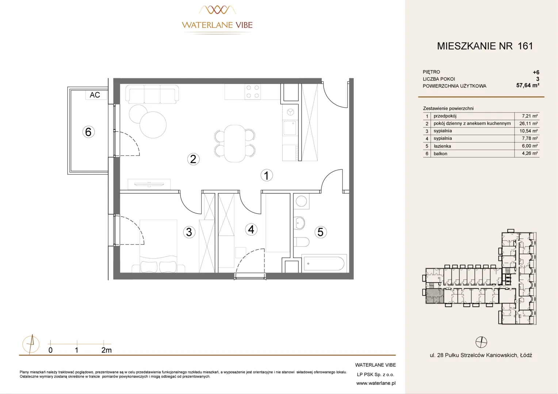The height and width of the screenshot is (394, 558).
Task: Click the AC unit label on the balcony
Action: (x=95, y=95)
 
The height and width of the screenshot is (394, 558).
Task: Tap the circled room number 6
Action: (x=88, y=132)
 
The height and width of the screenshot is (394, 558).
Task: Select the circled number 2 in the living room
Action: (x=193, y=159)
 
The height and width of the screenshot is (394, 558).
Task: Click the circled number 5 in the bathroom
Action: (x=321, y=232)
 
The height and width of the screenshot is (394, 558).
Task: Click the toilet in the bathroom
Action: (x=301, y=242)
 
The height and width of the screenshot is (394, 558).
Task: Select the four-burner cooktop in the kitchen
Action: (x=252, y=92)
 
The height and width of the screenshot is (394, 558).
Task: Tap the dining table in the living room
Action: (x=235, y=144)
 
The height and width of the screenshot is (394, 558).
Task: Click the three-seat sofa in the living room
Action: (x=152, y=94)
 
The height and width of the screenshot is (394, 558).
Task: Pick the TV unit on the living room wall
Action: (x=149, y=184)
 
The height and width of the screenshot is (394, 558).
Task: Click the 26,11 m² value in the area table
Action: (x=528, y=123)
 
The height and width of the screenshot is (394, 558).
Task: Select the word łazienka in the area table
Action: (x=442, y=146)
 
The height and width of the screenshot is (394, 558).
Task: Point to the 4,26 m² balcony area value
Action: (x=530, y=153)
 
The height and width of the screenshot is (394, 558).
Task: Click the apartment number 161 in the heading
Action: (x=525, y=46)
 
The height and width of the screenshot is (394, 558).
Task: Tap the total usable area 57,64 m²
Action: (x=528, y=85)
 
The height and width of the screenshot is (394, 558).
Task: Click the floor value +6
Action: (x=536, y=72)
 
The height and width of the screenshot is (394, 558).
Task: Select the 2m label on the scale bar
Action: (x=106, y=350)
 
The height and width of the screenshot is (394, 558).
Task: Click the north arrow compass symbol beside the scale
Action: (x=31, y=344)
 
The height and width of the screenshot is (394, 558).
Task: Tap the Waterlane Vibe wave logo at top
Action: (x=217, y=10)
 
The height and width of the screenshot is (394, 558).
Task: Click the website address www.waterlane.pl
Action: (x=376, y=383)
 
